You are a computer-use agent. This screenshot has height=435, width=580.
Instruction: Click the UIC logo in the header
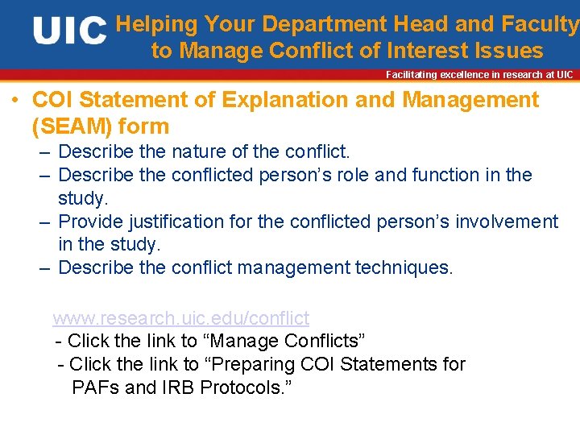[69, 31]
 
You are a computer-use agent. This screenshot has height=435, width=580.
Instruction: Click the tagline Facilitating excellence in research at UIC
[479, 75]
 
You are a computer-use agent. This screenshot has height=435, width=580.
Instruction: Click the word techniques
[404, 267]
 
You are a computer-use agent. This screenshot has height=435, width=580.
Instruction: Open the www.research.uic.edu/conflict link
[180, 318]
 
